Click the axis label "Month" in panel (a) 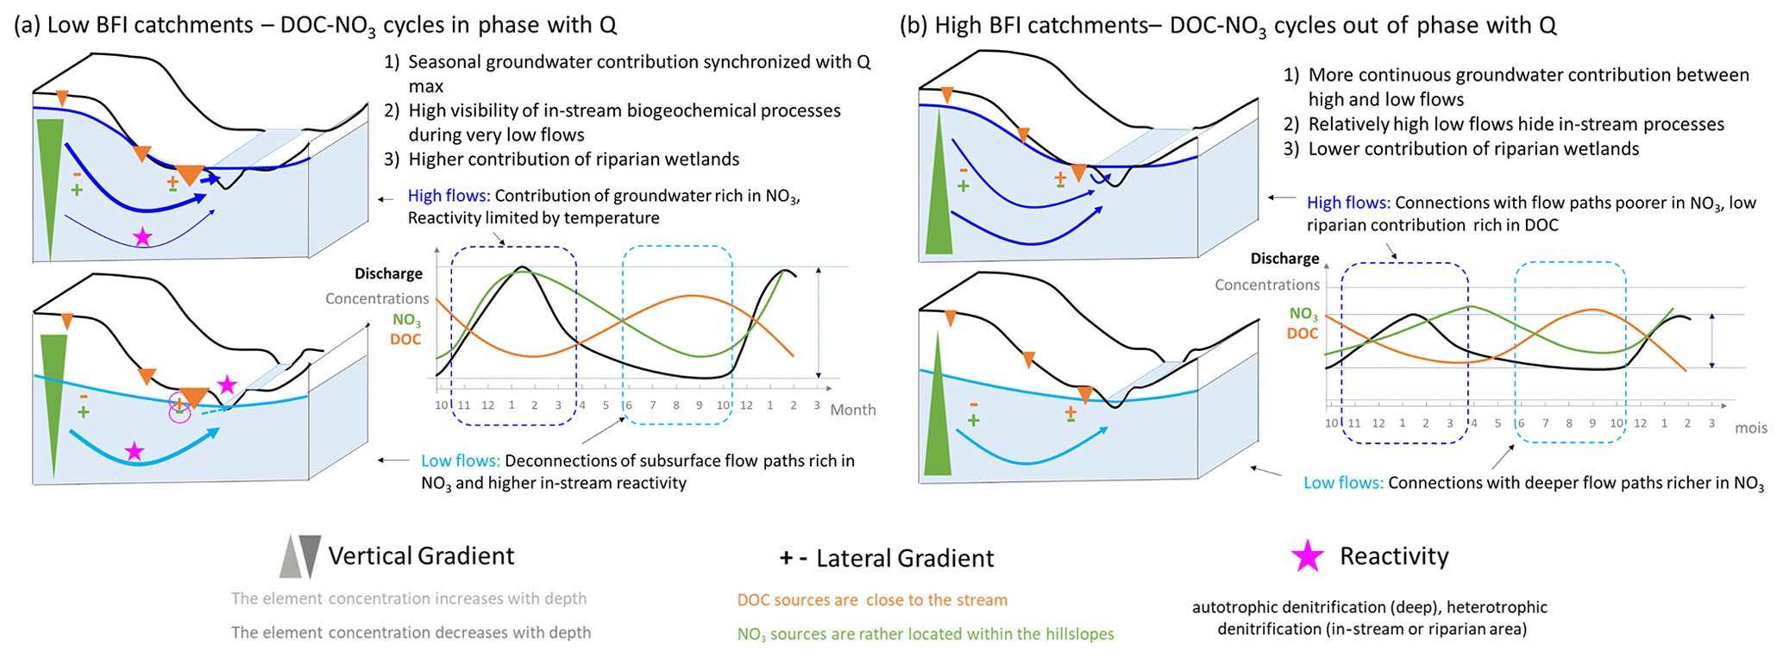pos(852,410)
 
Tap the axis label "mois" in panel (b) pos(1751,428)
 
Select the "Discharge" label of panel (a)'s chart pos(388,273)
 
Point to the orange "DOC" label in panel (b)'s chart pos(1303,334)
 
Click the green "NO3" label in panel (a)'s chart pos(406,320)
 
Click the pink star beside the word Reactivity pos(1307,556)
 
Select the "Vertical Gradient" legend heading pos(421,556)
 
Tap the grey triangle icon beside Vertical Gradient pos(300,556)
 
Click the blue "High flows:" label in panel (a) pos(449,196)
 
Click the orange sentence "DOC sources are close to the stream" pos(872,600)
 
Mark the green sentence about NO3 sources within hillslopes pos(926,635)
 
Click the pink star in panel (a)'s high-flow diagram pos(143,236)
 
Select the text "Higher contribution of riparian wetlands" pos(574,160)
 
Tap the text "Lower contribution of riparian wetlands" pos(1473,149)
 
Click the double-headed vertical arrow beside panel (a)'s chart pos(819,323)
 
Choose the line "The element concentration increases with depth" pos(409,598)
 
